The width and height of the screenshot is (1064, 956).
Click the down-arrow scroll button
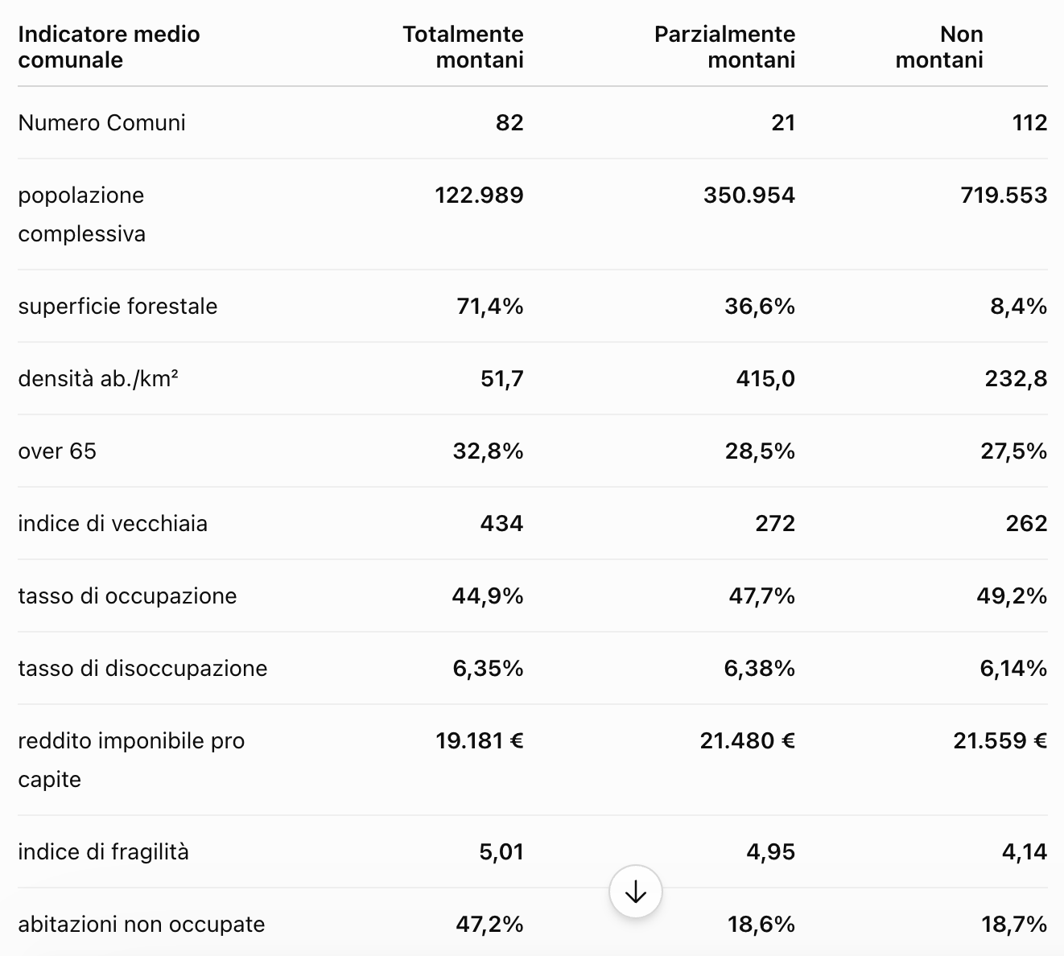tap(636, 892)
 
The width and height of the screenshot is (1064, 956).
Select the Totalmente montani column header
tap(464, 47)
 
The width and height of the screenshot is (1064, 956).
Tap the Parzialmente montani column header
tap(724, 47)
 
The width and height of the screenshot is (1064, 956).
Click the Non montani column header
tap(939, 47)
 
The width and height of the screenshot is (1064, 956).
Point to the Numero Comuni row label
tap(102, 123)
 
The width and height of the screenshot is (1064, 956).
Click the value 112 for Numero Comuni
tap(1029, 123)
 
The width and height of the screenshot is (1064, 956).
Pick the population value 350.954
tap(749, 196)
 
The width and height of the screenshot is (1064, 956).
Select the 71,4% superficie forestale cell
tap(490, 307)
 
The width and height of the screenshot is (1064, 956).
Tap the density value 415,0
tap(765, 379)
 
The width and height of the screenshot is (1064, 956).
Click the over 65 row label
tap(57, 451)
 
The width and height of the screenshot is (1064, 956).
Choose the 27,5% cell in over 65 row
tap(1013, 451)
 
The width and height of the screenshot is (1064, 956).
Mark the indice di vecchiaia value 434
tap(501, 524)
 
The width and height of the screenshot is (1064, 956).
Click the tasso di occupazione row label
tap(128, 596)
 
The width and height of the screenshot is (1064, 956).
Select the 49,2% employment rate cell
tap(1012, 596)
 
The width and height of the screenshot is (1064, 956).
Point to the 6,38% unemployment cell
tap(760, 669)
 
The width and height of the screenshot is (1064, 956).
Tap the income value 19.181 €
tap(480, 741)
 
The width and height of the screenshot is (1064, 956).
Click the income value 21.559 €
tap(1000, 741)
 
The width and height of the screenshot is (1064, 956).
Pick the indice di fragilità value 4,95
tap(770, 852)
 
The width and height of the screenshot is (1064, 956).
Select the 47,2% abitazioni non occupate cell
tap(489, 925)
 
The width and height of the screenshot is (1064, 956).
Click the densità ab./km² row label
tap(98, 379)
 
